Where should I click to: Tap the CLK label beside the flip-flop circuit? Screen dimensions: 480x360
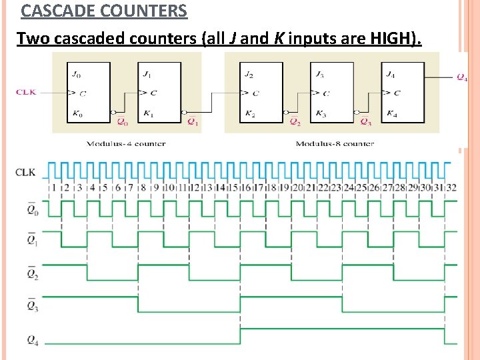pos(26,93)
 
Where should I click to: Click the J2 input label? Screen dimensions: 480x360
pos(249,74)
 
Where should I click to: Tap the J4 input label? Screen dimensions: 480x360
pos(391,74)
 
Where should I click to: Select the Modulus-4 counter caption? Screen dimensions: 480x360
pos(126,143)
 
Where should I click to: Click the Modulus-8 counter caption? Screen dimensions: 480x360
pos(335,143)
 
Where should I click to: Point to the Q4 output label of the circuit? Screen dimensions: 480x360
pos(461,78)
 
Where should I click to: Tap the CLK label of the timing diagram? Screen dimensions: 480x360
pos(26,172)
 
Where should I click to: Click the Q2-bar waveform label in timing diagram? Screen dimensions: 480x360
pos(33,273)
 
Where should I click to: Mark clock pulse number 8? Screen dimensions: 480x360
pos(143,188)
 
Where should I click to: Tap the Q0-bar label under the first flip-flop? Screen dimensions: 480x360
pos(121,122)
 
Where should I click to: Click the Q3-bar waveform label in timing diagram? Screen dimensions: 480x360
pos(33,305)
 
